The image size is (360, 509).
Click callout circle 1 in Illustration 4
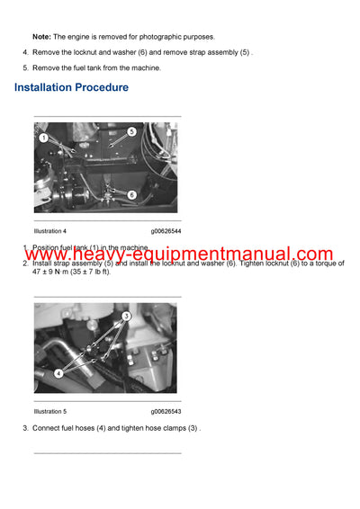[43, 138]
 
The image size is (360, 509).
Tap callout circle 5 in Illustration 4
[131, 131]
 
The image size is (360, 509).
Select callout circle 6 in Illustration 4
[131, 194]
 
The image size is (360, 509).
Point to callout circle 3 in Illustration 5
[127, 317]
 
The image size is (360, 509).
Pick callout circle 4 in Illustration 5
[58, 372]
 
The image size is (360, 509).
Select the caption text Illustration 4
[50, 231]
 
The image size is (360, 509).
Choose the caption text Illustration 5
[50, 411]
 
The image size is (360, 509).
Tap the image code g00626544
[166, 231]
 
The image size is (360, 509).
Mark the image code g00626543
[166, 411]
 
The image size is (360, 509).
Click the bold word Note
[40, 36]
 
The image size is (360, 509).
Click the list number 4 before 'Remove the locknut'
[25, 52]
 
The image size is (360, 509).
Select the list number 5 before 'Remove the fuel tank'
[25, 67]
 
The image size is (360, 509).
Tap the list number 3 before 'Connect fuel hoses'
[25, 427]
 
